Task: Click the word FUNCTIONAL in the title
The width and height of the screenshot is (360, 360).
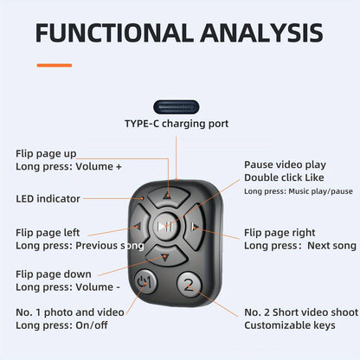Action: pos(114,33)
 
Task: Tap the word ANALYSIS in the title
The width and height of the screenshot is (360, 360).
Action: pos(262,33)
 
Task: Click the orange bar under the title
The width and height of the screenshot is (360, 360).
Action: pos(55,65)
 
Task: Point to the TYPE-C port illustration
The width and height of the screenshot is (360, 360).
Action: pos(177,107)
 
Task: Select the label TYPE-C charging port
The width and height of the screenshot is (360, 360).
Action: pos(177,124)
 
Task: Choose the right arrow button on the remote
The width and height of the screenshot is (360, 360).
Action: pos(194,227)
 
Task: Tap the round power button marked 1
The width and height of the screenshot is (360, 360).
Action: pos(145,281)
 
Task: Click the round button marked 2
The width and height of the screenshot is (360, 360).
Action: pos(190,285)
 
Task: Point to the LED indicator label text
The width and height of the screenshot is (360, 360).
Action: pos(48,199)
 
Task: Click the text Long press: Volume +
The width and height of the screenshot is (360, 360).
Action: pos(68,166)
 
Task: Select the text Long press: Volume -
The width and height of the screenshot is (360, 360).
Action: pos(67,287)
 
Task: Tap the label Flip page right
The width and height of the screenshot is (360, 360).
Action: pos(280,233)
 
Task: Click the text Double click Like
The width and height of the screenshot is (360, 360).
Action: pos(284,177)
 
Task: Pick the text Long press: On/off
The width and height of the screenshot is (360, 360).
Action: pos(61,325)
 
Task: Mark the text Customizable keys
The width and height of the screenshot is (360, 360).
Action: pos(290,325)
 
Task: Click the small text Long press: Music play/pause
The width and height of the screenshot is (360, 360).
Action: pos(299,191)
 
